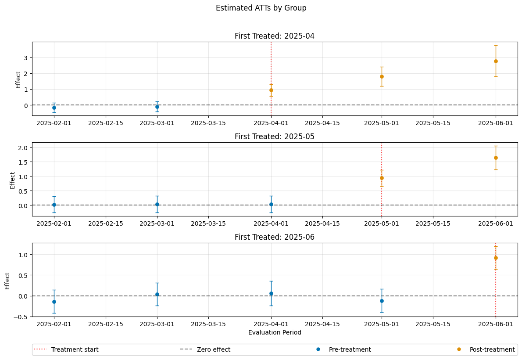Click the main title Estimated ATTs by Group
point(261,8)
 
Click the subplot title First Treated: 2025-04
point(274,36)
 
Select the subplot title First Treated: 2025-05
point(274,137)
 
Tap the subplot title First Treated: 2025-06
point(274,237)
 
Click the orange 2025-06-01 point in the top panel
point(496,61)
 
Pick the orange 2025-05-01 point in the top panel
point(382,77)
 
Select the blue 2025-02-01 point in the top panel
point(54,108)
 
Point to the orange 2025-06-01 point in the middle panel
point(496,158)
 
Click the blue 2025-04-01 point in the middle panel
point(272,204)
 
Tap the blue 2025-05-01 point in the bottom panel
point(382,301)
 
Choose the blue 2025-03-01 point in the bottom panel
point(157,294)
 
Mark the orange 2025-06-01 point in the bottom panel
point(496,258)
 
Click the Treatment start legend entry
point(66,349)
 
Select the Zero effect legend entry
point(205,349)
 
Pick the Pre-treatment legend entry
point(344,349)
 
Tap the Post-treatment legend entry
point(486,349)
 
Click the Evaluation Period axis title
point(275,332)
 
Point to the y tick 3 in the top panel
point(25,58)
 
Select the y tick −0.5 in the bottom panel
point(21,317)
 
